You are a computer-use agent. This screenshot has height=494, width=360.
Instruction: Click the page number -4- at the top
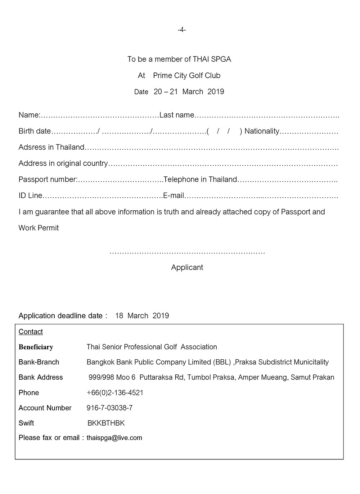pyautogui.click(x=181, y=30)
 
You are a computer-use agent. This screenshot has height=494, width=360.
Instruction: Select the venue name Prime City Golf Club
pyautogui.click(x=186, y=76)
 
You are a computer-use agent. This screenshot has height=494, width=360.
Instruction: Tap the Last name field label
pyautogui.click(x=177, y=115)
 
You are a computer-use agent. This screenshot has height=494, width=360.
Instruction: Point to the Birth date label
pyautogui.click(x=35, y=131)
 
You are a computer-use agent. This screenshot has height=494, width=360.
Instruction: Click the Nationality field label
pyautogui.click(x=262, y=131)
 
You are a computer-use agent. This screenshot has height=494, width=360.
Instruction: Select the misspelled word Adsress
pyautogui.click(x=32, y=147)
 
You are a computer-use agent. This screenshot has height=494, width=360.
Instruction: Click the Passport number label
pyautogui.click(x=48, y=179)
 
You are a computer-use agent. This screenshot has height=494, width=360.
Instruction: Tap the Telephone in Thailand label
pyautogui.click(x=200, y=179)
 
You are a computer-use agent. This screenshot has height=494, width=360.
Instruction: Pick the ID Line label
pyautogui.click(x=30, y=196)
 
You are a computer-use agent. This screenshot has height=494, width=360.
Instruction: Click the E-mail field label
pyautogui.click(x=174, y=196)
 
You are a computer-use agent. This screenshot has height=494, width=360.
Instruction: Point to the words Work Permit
pyautogui.click(x=39, y=228)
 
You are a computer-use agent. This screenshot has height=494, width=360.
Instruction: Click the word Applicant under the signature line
pyautogui.click(x=187, y=268)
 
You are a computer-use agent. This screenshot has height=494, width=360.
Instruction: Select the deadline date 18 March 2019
pyautogui.click(x=142, y=316)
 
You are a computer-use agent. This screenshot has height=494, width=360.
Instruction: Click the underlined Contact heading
pyautogui.click(x=31, y=332)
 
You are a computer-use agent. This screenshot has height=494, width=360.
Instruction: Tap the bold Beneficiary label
pyautogui.click(x=36, y=347)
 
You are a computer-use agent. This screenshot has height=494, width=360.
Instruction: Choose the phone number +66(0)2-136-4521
pyautogui.click(x=115, y=393)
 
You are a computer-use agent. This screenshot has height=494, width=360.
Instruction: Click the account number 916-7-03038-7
pyautogui.click(x=109, y=408)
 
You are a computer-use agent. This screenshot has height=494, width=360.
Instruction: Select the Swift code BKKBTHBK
pyautogui.click(x=106, y=423)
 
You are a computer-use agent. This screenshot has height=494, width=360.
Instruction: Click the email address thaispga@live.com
pyautogui.click(x=114, y=438)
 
